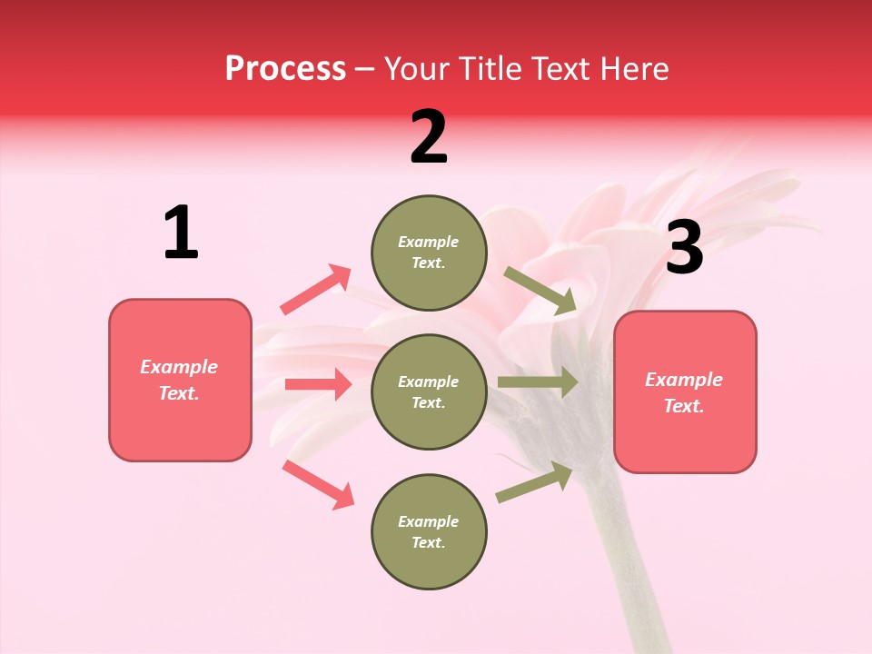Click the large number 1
181,233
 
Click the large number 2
429,137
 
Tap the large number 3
684,248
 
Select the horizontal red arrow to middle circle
318,384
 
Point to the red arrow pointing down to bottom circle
318,483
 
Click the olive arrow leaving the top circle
540,291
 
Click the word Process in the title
285,68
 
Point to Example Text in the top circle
429,253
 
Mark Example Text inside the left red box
179,380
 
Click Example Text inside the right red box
684,392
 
